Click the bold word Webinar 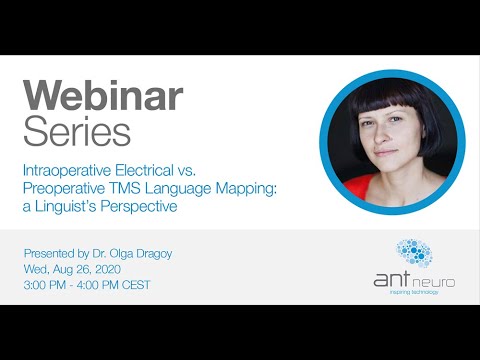[103, 96]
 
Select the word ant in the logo [390, 281]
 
